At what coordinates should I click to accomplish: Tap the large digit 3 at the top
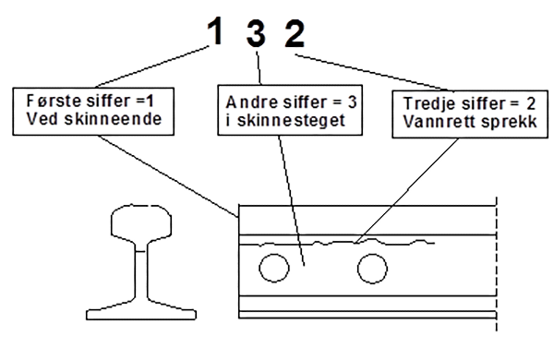coord(256,35)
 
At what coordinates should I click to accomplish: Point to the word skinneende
coord(113,119)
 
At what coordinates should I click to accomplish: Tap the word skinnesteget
coord(291,121)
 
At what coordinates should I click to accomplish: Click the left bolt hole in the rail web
coord(274,268)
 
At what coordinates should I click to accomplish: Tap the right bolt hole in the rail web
coord(372,269)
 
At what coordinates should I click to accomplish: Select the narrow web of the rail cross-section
coord(141,273)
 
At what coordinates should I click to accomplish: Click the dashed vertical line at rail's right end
coord(497,263)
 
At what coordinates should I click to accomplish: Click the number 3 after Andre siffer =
coord(352,102)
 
